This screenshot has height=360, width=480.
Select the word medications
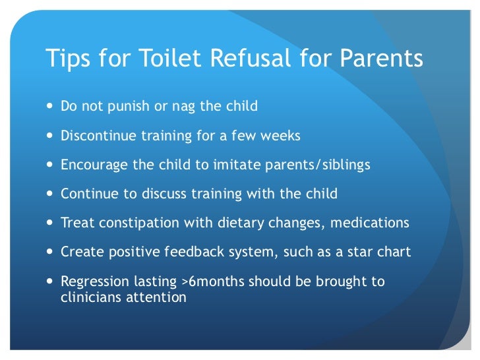coord(371,223)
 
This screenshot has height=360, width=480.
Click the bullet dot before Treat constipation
coord(51,224)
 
